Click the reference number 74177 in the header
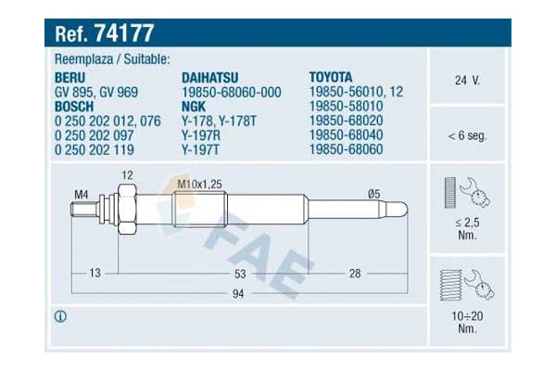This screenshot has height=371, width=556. coord(124,33)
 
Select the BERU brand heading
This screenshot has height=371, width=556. coord(69,77)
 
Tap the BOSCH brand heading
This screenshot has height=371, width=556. coord(74,107)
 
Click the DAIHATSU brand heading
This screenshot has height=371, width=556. coord(210,77)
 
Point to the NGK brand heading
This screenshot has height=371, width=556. coord(194,107)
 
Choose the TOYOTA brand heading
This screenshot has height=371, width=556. coord(331,77)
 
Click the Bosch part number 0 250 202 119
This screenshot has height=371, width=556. coord(95,150)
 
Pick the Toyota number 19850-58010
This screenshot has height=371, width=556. coord(346,106)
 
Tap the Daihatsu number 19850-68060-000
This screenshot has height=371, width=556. coord(232,93)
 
